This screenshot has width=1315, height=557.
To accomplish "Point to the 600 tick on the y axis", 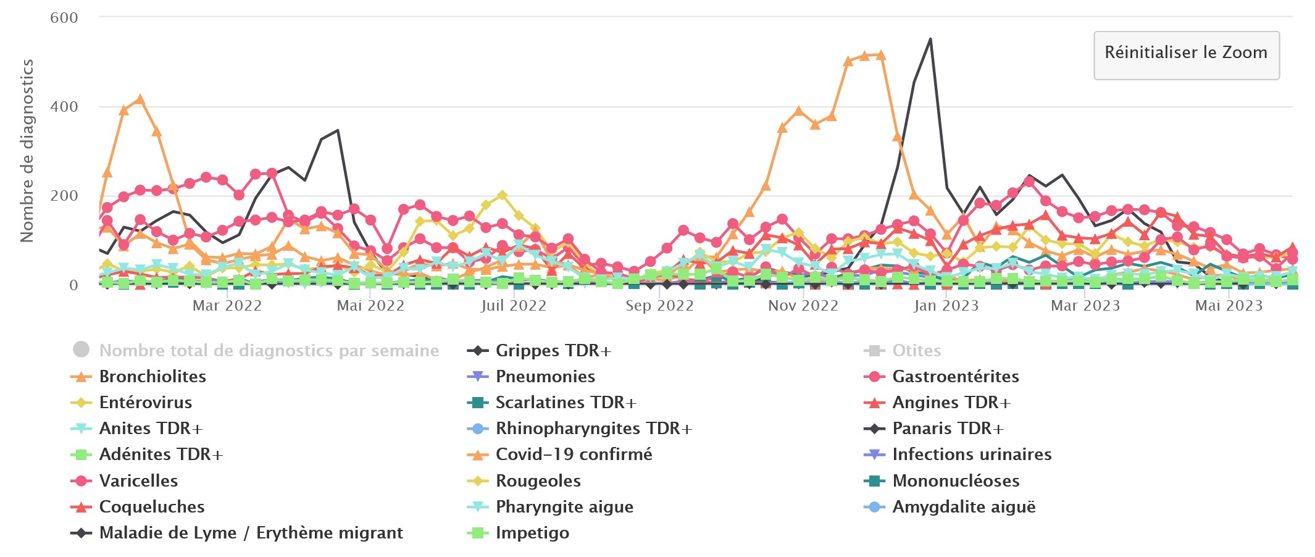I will pos(64,18).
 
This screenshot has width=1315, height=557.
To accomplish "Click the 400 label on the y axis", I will pos(64,107).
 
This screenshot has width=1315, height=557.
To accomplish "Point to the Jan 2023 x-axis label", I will pos(946,306).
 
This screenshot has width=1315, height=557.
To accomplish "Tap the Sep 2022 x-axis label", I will pos(659,306).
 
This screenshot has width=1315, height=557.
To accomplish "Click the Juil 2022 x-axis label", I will pos(514,306).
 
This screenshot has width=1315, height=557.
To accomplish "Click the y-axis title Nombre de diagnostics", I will pos(27,151).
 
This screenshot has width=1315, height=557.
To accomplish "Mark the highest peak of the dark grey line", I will pos(930,40).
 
